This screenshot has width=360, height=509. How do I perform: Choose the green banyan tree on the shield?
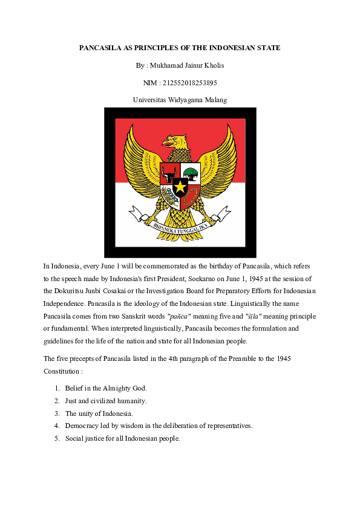tap(192, 173)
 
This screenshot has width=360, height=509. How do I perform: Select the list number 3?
tap(56, 413)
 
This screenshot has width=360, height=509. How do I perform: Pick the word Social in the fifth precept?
tap(74, 438)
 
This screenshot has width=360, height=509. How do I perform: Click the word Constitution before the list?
tap(62, 371)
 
